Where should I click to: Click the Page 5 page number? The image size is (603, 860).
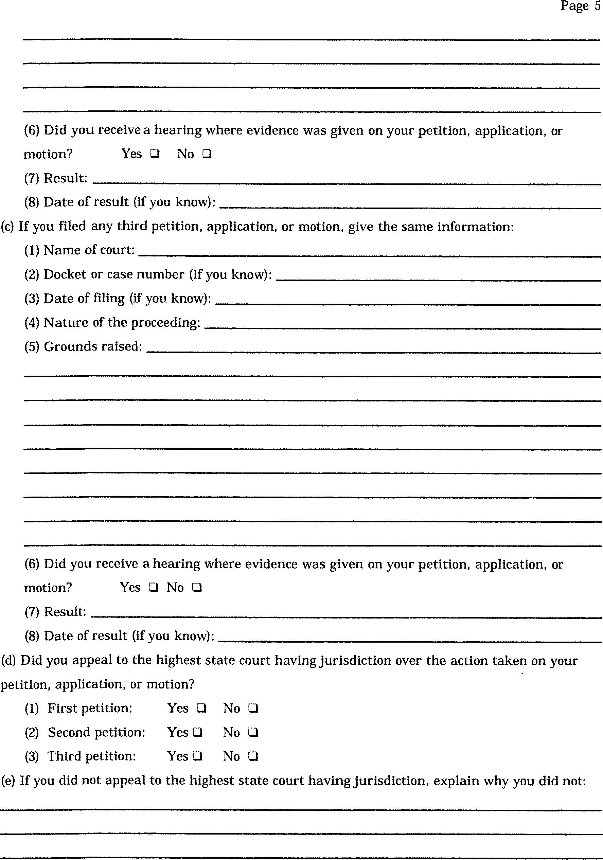tap(580, 6)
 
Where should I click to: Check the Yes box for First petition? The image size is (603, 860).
tap(201, 708)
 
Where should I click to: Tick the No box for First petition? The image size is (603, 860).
tap(253, 708)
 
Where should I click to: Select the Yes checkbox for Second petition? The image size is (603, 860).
tap(197, 732)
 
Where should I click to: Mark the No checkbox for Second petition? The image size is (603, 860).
tap(253, 732)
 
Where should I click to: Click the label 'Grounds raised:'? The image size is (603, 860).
tap(93, 346)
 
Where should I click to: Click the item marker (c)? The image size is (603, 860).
tap(7, 227)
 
